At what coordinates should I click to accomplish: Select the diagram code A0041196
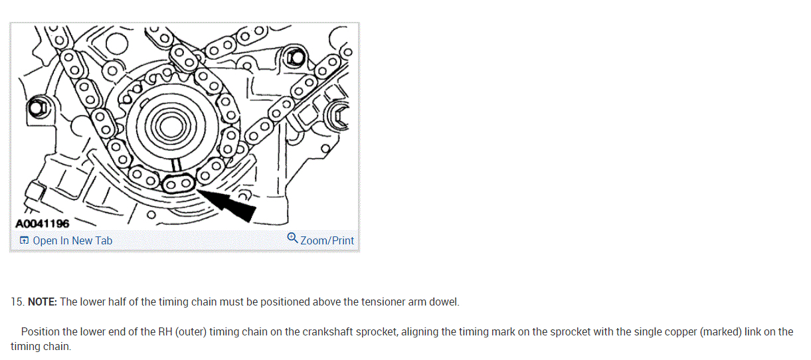click(x=42, y=224)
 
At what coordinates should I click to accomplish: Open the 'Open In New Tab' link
click(x=72, y=240)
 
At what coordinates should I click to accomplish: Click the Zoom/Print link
click(x=327, y=240)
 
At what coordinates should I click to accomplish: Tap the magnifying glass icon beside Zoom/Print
click(x=292, y=238)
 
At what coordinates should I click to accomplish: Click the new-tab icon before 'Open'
click(x=24, y=240)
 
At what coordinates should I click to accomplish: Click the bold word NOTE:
click(x=43, y=302)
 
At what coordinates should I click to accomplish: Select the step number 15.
click(x=17, y=302)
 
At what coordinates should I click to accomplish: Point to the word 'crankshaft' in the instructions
click(x=310, y=331)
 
